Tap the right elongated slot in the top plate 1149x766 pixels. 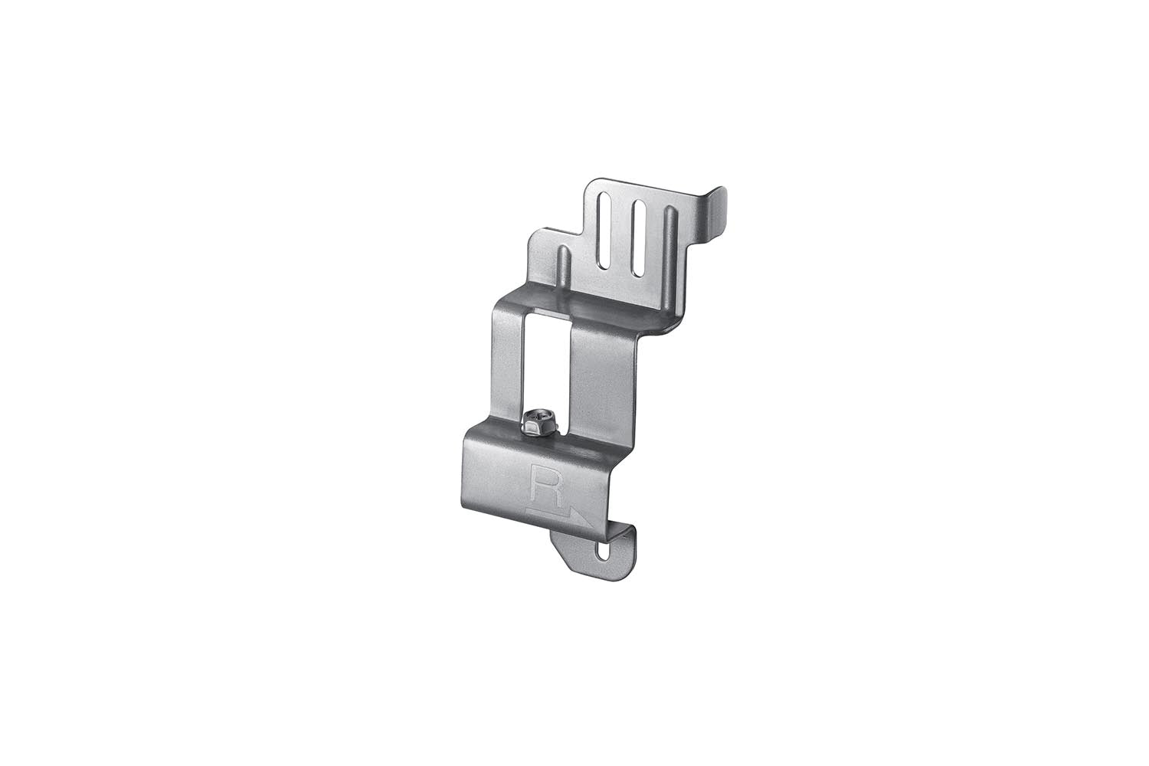tap(637, 237)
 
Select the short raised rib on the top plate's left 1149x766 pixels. tap(563, 264)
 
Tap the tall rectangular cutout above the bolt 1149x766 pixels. tap(547, 360)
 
